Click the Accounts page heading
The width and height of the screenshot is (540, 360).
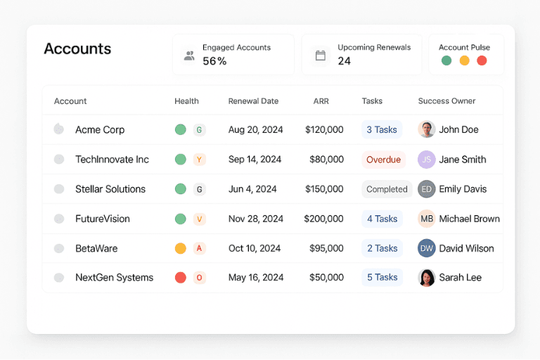coord(77,49)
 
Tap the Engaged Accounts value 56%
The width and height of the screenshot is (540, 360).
coord(214,61)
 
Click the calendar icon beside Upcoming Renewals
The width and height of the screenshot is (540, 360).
coord(321,56)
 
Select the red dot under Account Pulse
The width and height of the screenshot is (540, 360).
coord(482,60)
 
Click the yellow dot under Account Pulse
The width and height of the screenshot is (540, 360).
coord(464,60)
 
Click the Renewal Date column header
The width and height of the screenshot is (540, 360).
coord(253,101)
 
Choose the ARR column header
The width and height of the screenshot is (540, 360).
coord(321,101)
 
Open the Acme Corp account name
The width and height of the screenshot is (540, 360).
coord(100,130)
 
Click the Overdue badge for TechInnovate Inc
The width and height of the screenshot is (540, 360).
coord(383,160)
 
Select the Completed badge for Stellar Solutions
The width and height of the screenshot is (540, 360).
coord(387,189)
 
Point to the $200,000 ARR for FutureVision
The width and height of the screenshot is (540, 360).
coord(323,219)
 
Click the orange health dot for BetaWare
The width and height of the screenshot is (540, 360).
coord(180,248)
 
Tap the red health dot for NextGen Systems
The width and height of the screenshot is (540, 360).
coord(180,278)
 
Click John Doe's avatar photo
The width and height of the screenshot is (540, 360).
coord(426,129)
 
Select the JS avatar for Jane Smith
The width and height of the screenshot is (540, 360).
coord(426,160)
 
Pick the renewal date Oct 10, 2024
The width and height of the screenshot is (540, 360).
coord(255,248)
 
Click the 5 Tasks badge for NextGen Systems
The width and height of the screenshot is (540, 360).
coord(382,278)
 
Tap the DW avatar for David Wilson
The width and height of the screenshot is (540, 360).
coord(426,248)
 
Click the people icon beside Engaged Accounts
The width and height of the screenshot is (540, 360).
coord(189,56)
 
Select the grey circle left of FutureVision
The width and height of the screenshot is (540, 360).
coord(59,219)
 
